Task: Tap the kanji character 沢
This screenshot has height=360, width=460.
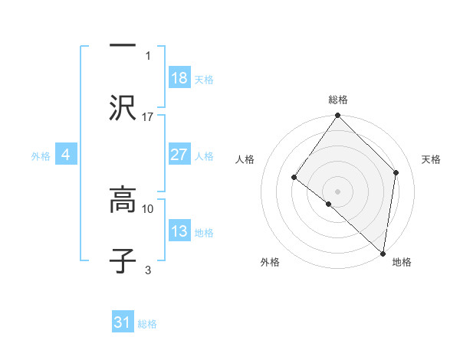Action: click(x=123, y=108)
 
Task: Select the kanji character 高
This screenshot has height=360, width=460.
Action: click(x=123, y=201)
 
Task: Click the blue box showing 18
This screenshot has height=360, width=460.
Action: click(x=179, y=78)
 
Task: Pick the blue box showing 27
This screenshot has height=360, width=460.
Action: click(x=179, y=155)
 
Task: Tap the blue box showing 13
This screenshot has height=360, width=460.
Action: click(x=179, y=231)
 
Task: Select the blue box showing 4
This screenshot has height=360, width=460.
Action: click(x=66, y=155)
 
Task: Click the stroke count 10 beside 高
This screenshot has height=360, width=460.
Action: click(x=148, y=208)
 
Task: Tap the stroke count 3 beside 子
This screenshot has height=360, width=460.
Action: click(x=148, y=269)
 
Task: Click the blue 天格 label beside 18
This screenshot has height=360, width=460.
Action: click(x=204, y=80)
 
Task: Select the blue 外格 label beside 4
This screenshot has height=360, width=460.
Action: click(x=41, y=156)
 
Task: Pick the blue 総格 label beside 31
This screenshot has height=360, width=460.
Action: click(x=147, y=325)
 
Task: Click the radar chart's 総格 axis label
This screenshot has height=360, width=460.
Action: click(x=338, y=100)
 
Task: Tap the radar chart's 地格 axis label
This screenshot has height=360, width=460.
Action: click(x=402, y=262)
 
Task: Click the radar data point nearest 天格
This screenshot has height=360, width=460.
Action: click(x=396, y=172)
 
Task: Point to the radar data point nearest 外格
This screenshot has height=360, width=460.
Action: click(x=329, y=205)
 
